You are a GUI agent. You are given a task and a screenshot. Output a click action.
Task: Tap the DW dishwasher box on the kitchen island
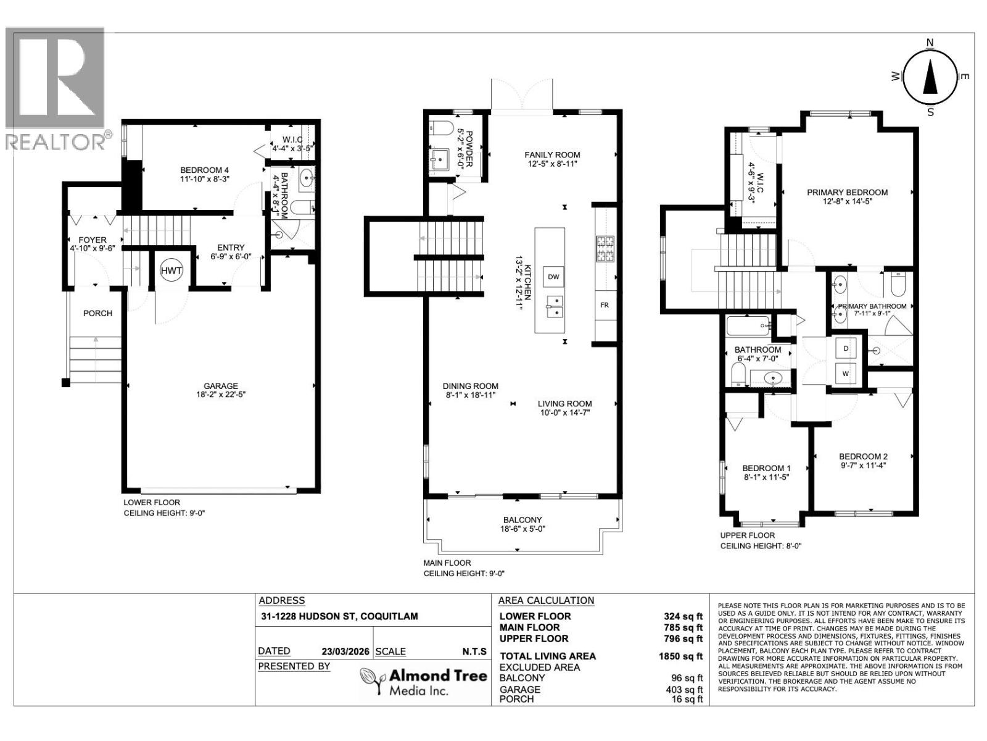[x=553, y=277]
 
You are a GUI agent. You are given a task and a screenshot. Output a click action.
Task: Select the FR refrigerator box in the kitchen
[x=605, y=305]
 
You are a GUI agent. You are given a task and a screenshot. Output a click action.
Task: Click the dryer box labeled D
[x=846, y=349]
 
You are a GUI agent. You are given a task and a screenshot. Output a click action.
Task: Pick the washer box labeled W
[x=846, y=374]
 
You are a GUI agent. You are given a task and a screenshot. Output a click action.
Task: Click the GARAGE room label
[x=221, y=386]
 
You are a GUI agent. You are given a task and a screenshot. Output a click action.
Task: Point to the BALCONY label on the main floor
[x=522, y=520]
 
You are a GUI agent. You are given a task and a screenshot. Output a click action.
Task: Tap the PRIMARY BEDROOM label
[x=847, y=192]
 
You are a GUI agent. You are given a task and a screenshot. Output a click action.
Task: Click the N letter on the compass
[x=930, y=43]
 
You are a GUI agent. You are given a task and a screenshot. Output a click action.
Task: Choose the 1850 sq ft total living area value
[x=680, y=656]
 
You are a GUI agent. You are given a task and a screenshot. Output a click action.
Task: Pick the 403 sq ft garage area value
[x=687, y=690]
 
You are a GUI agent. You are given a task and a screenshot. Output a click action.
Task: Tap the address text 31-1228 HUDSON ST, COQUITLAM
[x=338, y=616]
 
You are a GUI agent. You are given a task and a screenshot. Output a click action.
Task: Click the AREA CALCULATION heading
[x=546, y=600]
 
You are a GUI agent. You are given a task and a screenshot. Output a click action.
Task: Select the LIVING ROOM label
[x=564, y=404]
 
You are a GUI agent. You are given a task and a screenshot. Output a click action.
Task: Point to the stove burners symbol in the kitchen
[x=605, y=249]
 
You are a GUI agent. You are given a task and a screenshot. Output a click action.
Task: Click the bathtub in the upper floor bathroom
[x=748, y=325]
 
